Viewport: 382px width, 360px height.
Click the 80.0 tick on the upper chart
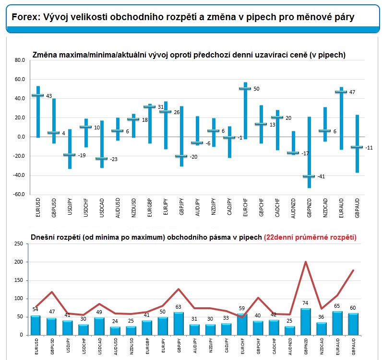point(20,60)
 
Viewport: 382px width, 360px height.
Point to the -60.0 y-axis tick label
point(19,194)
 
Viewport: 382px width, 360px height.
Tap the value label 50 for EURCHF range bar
point(256,89)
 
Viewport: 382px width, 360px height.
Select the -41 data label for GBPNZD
point(321,176)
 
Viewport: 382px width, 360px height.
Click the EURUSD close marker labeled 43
point(38,95)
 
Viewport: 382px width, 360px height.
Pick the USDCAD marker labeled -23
point(102,159)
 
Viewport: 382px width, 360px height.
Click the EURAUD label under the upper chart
point(341,208)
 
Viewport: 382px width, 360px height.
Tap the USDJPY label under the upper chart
point(70,207)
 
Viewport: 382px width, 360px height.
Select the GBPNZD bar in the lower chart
point(306,322)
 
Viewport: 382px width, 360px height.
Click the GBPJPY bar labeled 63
point(179,324)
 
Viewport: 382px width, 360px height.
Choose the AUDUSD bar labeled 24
point(115,331)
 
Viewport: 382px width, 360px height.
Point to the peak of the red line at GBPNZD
point(306,262)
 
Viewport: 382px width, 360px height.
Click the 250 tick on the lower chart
point(19,244)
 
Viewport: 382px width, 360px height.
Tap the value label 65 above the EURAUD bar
point(337,306)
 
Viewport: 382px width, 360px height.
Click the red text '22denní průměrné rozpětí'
point(310,237)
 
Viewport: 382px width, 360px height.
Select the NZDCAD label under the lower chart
point(322,346)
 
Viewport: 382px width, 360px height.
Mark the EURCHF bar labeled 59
point(242,324)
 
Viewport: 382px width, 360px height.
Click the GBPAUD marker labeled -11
point(357,147)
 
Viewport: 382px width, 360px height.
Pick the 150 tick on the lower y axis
point(19,280)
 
